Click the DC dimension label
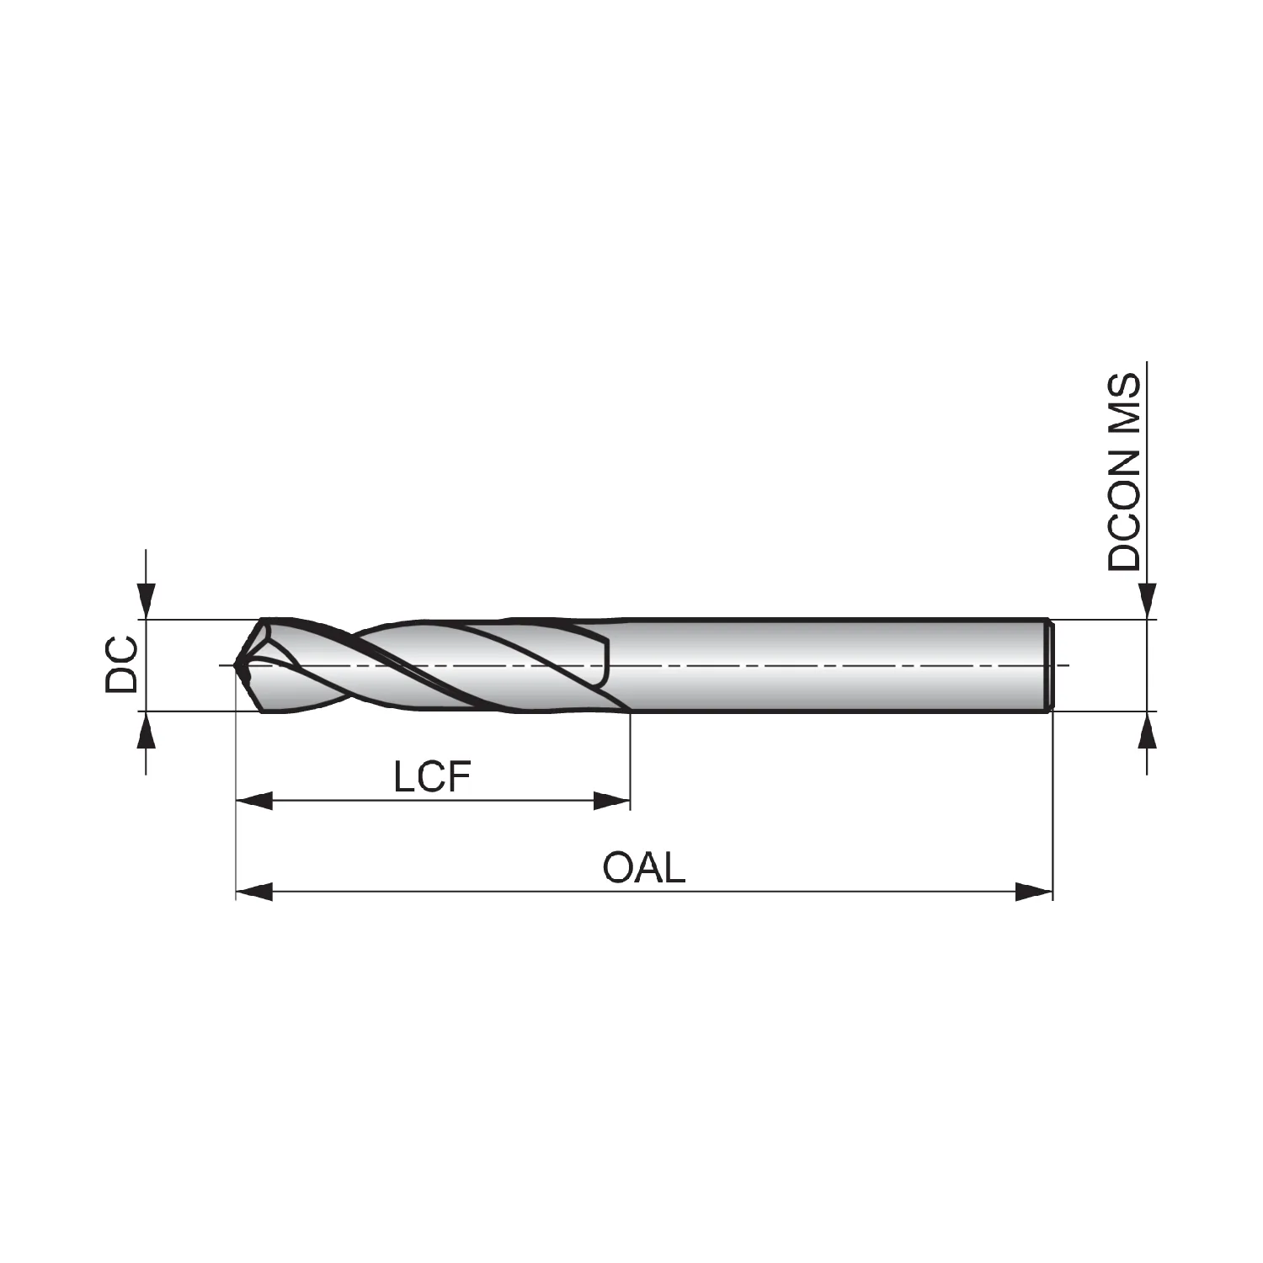pyautogui.click(x=121, y=665)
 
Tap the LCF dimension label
pyautogui.click(x=431, y=778)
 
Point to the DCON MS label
pyautogui.click(x=1124, y=472)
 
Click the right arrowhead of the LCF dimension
pyautogui.click(x=612, y=801)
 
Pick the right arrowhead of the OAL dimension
pyautogui.click(x=1035, y=891)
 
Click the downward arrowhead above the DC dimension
pyautogui.click(x=147, y=601)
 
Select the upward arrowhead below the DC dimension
pyautogui.click(x=147, y=730)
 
